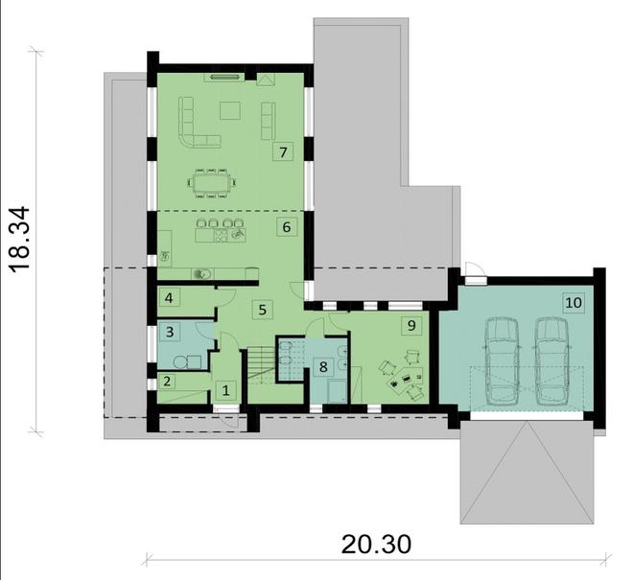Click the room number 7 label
pos(283,152)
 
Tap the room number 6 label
pos(287,227)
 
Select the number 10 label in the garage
pos(574,302)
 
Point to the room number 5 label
pos(263,310)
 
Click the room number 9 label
pos(411,325)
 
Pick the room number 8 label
pos(323,367)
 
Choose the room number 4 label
pos(169,298)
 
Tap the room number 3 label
pos(170,332)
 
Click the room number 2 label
pos(167,382)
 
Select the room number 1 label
pos(225,390)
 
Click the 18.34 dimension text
pos(19,240)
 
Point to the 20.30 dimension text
pos(376,545)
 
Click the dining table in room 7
pos(212,184)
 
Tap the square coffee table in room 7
pos(230,110)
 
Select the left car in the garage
pos(502,361)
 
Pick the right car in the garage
pos(551,361)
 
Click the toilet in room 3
pos(180,362)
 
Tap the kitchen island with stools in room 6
pos(221,231)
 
